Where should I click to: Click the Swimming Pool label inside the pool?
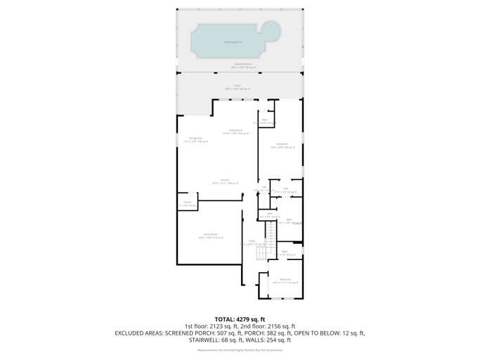tap(233, 41)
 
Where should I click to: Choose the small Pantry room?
tap(187, 204)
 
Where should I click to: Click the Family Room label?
tap(209, 236)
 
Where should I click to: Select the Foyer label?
tap(252, 243)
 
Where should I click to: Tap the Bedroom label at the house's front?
tap(285, 281)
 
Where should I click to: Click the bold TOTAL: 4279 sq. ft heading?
tap(240, 320)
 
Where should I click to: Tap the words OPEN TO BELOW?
tap(321, 333)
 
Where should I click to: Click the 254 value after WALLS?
tap(285, 340)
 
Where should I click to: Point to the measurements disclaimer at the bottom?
tap(240, 349)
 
